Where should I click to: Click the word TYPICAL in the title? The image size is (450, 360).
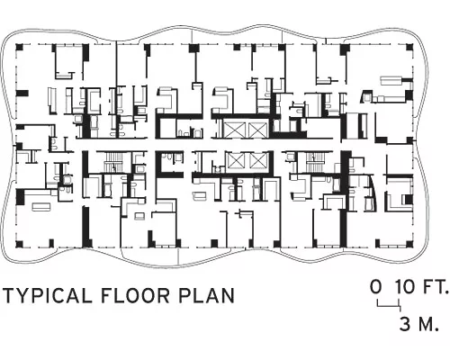[48, 295]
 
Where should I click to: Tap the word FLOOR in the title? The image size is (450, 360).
[135, 295]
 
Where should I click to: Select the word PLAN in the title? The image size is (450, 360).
[206, 295]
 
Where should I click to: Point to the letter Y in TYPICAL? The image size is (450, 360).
[22, 295]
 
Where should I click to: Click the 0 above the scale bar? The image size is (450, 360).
[376, 286]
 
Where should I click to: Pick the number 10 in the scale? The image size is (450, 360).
[405, 286]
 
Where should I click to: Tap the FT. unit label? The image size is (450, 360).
[436, 286]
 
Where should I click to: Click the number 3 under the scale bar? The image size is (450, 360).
[405, 324]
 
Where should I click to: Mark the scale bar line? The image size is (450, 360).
[389, 306]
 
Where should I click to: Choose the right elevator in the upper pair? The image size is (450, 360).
[257, 129]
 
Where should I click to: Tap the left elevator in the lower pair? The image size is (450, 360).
[237, 160]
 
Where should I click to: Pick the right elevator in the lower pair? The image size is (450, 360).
[258, 160]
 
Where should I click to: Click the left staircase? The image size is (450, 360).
[113, 162]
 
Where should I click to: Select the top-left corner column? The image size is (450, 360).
[19, 47]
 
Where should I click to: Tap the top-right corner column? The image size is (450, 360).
[409, 48]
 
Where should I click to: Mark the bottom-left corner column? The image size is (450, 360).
[19, 244]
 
